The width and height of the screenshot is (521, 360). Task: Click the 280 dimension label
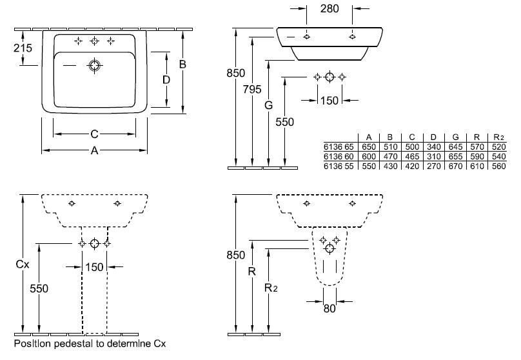coord(329,8)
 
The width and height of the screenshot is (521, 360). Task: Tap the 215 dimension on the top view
coord(23,48)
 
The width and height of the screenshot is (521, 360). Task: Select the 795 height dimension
coord(252,89)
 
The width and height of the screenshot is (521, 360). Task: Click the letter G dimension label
coord(268,105)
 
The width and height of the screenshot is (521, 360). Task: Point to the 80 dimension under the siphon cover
coord(329,309)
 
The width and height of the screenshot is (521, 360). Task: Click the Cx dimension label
coord(23,265)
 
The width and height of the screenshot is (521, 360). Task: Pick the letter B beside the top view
coord(182,64)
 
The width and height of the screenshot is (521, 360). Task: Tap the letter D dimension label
coord(166,80)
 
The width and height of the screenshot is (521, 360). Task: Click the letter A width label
coord(94,150)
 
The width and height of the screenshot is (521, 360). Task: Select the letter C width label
coord(94,134)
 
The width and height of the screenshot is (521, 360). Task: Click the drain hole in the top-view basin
coord(95,66)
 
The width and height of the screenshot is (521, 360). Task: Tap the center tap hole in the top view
coord(95,41)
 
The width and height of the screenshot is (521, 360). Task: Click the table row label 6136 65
coord(339,147)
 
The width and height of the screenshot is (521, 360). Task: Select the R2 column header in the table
coord(498,137)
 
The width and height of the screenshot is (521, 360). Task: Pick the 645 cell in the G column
coord(455,147)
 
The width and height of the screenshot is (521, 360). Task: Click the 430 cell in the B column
coord(390,166)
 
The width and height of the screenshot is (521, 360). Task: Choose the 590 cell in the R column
coord(477,157)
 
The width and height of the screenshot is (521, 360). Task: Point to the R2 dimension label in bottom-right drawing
coord(271,288)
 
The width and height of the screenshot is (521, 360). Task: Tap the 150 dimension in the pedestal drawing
coord(94,267)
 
